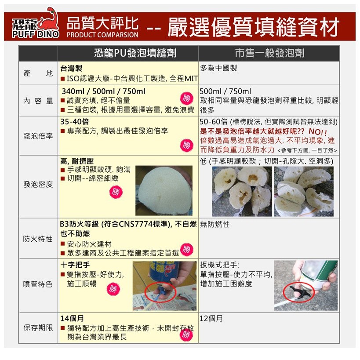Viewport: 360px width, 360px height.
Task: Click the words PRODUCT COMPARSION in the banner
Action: point(102,35)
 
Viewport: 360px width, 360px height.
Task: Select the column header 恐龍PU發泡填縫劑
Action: point(135,53)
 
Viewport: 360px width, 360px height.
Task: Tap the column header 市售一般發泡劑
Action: point(269,53)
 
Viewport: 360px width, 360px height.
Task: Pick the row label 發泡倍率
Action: point(38,136)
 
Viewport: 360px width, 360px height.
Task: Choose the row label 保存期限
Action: point(38,327)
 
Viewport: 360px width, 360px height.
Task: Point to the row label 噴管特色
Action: point(38,284)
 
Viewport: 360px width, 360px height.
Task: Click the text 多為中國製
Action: point(218,68)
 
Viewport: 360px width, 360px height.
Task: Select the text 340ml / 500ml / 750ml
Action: point(103,91)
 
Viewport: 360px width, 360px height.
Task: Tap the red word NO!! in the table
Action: point(318,131)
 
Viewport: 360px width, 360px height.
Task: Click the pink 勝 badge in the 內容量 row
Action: point(186,98)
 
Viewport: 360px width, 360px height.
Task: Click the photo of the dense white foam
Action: point(164,191)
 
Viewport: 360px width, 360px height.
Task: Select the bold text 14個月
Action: point(72,318)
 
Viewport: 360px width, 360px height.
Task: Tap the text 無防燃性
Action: point(215,224)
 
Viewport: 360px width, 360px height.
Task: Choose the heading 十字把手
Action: point(75,265)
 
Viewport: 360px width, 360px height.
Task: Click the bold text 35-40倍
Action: point(74,122)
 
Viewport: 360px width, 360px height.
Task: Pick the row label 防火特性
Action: point(38,239)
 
